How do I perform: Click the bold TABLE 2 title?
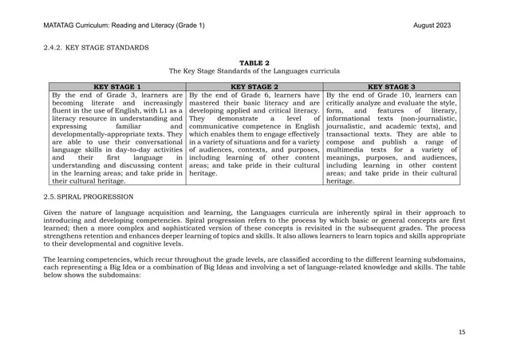(x=254, y=62)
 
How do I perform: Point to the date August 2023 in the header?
(x=432, y=26)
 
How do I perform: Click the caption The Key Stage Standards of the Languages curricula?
(x=254, y=71)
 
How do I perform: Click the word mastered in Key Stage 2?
(x=212, y=105)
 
